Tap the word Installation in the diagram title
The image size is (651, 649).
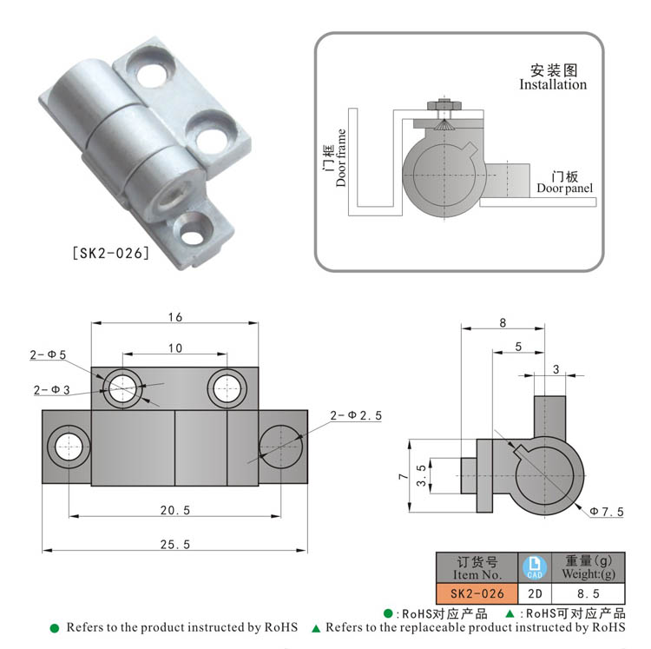[553, 85]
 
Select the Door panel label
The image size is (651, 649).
[564, 188]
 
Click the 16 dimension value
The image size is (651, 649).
[174, 317]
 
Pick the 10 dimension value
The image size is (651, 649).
[174, 348]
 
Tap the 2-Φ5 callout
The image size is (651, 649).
[48, 354]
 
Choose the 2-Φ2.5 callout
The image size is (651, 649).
[356, 416]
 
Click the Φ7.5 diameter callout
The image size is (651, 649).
[606, 511]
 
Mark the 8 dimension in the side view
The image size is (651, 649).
[503, 322]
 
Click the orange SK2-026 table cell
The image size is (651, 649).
[477, 594]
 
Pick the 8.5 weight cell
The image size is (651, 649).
[589, 594]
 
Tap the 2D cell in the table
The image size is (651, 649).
[534, 594]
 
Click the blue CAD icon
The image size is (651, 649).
[534, 567]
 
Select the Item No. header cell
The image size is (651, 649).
[477, 567]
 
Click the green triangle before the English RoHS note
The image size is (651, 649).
[316, 627]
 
